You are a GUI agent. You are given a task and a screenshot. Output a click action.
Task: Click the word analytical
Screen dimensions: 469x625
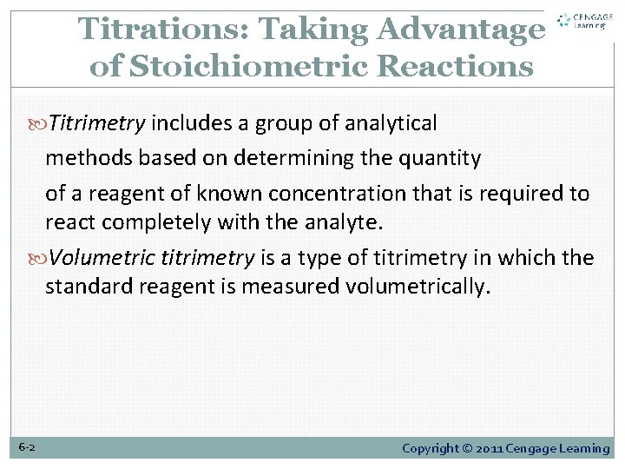click(391, 123)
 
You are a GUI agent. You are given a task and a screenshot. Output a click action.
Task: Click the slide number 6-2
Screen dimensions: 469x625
click(27, 448)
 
